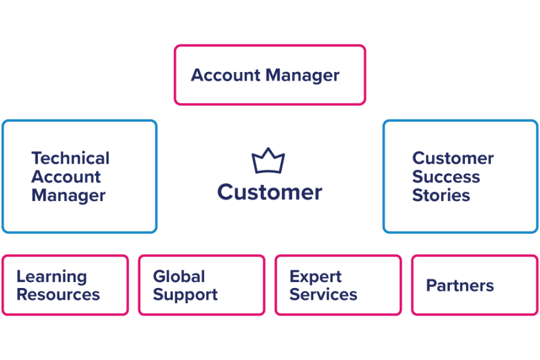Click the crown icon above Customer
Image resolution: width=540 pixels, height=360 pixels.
268,161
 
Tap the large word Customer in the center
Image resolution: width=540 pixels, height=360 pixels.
269,192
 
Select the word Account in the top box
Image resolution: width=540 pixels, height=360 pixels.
226,76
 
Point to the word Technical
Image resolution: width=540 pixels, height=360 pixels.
70,158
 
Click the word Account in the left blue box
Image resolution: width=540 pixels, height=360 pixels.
66,177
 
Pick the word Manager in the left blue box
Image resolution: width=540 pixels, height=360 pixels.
68,195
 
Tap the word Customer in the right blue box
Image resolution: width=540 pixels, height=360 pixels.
453,158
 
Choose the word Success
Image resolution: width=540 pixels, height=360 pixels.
446,177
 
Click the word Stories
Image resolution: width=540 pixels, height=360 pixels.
440,195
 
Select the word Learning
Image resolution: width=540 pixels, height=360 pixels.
51,277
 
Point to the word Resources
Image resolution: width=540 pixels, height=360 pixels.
58,295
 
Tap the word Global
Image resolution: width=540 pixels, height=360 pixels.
179,277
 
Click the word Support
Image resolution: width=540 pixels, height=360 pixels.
185,295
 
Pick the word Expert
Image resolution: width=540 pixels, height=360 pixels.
316,277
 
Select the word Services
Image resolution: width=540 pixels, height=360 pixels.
323,295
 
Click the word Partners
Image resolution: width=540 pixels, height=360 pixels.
460,286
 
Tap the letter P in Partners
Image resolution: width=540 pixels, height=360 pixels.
431,286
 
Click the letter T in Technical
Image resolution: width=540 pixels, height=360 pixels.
36,158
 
